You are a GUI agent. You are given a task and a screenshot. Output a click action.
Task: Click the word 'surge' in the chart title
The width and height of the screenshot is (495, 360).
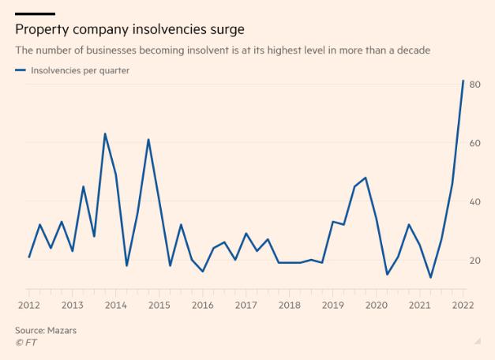tap(227, 30)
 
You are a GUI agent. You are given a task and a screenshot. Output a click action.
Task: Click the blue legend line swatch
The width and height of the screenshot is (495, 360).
tap(21, 70)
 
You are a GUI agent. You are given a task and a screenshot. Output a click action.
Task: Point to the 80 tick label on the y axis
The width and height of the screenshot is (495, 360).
tap(474, 84)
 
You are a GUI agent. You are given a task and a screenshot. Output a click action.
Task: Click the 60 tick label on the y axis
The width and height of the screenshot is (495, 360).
tap(474, 143)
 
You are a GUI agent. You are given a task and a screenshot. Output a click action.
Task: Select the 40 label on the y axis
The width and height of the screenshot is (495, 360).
tap(474, 202)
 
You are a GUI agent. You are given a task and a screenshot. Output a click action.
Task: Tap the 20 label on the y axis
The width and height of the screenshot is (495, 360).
tap(474, 261)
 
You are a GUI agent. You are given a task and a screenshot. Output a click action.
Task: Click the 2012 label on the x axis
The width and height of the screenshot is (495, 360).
tap(29, 306)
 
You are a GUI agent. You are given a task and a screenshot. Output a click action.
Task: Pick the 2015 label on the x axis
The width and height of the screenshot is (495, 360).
tap(159, 306)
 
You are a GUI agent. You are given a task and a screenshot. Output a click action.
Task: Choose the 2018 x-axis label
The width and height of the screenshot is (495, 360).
tap(290, 306)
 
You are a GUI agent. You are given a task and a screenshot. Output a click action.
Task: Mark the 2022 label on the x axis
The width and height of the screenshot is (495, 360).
tap(463, 306)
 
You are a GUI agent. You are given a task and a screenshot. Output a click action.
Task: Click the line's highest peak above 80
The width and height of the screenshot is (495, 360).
tap(463, 81)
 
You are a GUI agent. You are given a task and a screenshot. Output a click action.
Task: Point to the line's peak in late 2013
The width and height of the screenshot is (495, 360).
tap(105, 133)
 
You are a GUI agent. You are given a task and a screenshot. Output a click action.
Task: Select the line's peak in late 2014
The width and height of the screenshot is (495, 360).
tap(148, 139)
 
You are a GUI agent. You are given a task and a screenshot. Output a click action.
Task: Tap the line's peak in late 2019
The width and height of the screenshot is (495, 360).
tap(366, 178)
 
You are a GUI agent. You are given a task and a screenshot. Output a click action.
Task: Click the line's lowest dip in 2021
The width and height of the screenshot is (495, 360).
tap(430, 278)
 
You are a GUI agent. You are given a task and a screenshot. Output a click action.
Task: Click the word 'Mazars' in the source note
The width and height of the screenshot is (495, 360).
tap(62, 331)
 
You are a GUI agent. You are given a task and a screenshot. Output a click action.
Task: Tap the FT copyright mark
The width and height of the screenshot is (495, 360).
tap(26, 343)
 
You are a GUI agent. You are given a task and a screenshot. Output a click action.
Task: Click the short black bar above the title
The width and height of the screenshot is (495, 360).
tap(35, 14)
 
